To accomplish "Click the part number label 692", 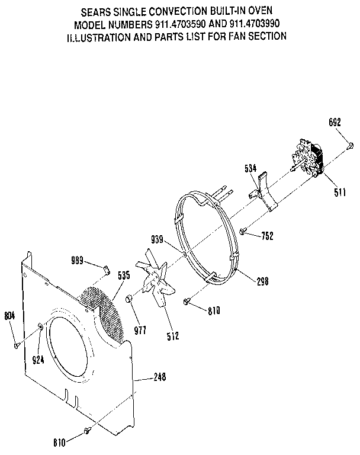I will pos(335,123).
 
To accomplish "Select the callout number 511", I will pos(339,191).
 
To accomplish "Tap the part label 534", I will pos(251,168).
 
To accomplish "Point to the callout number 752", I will pos(266,235).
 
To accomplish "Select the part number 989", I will pos(78,261).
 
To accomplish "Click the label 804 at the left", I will pos(10,316).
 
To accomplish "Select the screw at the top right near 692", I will pos(350,144).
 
